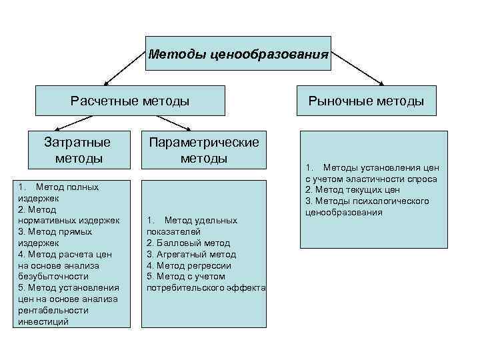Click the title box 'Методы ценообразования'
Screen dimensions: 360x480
click(239, 53)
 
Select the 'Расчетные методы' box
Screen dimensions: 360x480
click(130, 101)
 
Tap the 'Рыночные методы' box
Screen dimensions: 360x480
click(366, 101)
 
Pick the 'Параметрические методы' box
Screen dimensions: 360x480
click(204, 150)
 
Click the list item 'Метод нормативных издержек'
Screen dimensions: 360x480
click(66, 215)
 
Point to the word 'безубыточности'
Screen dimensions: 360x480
click(50, 276)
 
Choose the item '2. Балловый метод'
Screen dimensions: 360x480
click(188, 243)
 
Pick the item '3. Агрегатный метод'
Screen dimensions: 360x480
click(191, 254)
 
